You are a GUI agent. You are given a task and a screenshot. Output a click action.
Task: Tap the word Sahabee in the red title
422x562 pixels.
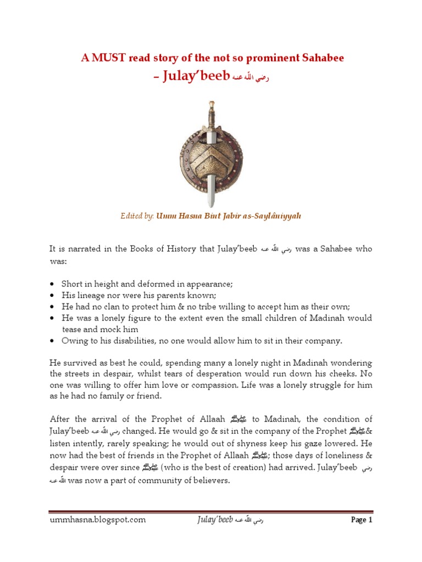pyautogui.click(x=321, y=58)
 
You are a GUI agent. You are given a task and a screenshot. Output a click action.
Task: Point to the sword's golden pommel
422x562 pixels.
pyautogui.click(x=211, y=103)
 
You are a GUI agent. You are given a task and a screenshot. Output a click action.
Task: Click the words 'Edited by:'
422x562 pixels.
pyautogui.click(x=138, y=216)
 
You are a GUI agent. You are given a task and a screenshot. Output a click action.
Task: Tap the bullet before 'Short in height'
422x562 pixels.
pyautogui.click(x=52, y=284)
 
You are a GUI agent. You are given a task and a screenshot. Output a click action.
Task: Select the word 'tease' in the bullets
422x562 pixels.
pyautogui.click(x=72, y=329)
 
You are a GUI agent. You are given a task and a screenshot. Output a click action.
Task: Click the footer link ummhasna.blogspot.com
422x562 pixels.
pyautogui.click(x=97, y=520)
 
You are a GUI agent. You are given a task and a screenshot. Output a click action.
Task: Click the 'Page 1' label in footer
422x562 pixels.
pyautogui.click(x=362, y=520)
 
